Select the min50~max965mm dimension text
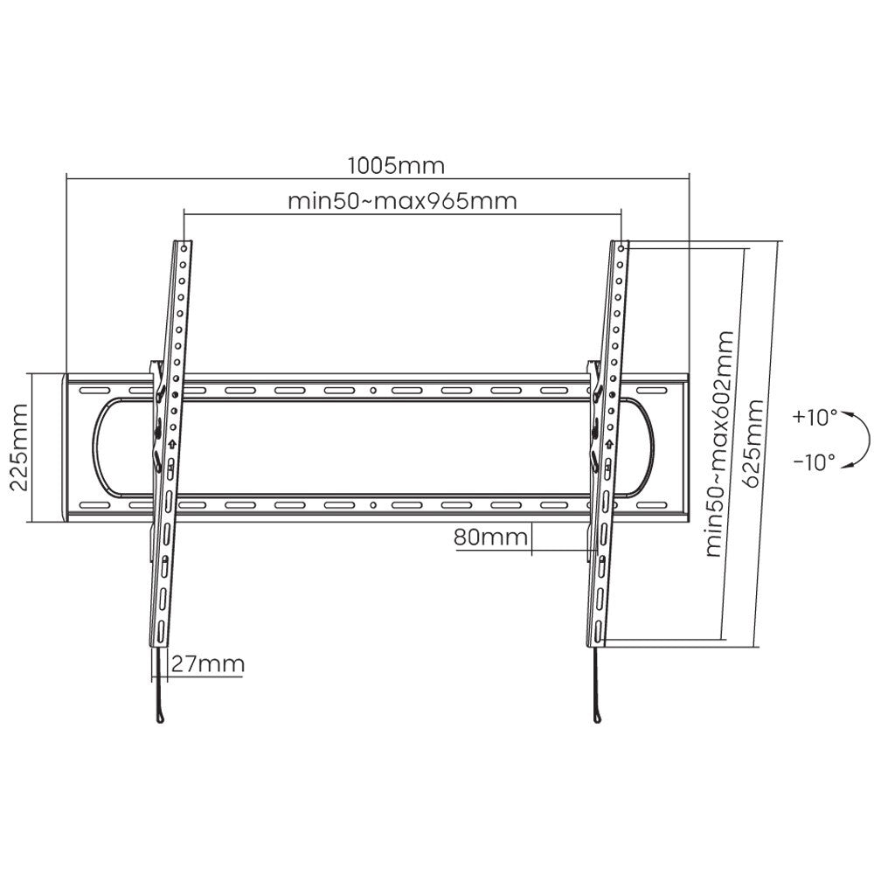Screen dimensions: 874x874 click(x=403, y=201)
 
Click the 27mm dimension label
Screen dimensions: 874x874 click(x=207, y=663)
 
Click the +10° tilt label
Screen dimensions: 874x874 click(x=815, y=418)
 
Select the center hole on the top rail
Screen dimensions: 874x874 click(x=373, y=391)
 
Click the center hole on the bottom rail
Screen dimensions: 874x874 click(x=373, y=505)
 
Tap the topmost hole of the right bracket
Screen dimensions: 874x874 click(x=620, y=248)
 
